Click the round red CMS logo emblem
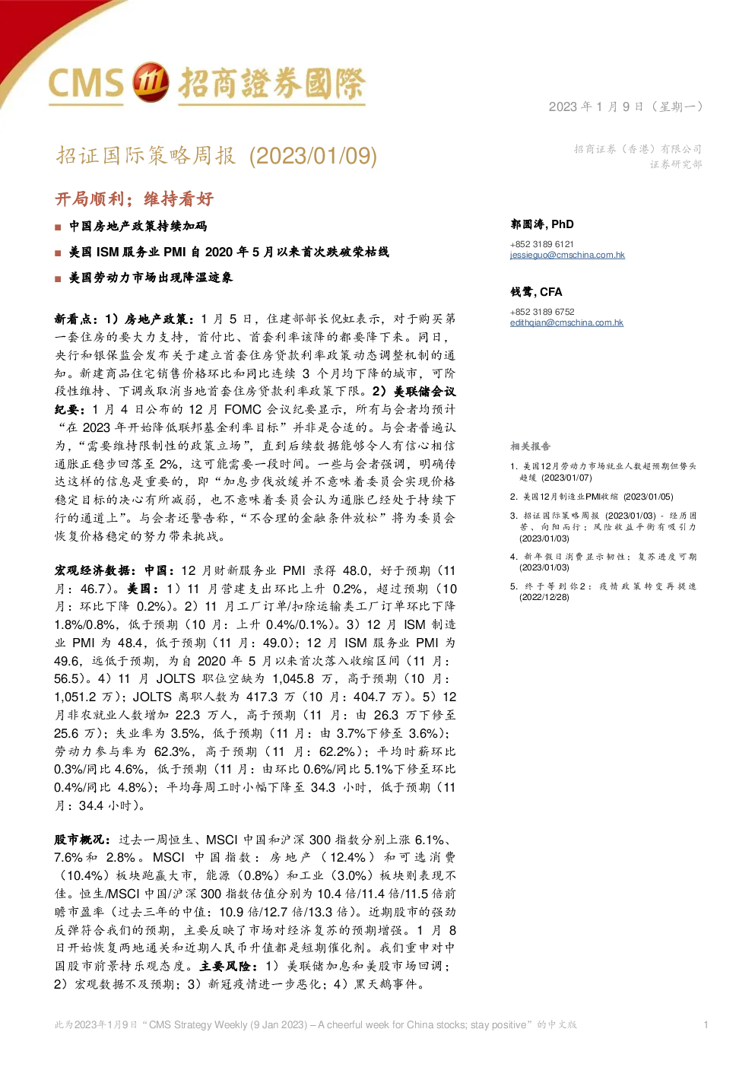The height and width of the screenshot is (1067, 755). (151, 82)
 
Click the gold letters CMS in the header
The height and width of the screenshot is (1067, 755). (86, 83)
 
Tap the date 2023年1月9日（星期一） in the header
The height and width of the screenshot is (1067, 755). (626, 106)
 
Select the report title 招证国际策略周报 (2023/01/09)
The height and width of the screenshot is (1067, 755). (217, 156)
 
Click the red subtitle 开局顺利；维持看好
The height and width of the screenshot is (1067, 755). (135, 198)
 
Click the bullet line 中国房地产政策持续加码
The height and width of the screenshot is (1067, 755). (138, 227)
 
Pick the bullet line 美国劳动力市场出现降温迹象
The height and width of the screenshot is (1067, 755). (151, 278)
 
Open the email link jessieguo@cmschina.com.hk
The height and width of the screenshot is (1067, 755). (567, 255)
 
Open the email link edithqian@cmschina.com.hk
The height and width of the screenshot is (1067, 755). (566, 322)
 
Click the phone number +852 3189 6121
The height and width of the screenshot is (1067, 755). (541, 244)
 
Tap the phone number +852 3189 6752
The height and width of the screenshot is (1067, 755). (542, 312)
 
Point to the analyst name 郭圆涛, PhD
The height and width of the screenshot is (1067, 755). (542, 224)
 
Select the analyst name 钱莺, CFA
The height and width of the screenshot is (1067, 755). (536, 291)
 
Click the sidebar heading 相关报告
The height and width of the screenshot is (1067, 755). (530, 446)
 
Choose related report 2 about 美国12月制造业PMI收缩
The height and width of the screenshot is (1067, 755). (592, 497)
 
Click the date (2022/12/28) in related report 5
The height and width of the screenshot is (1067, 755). (544, 597)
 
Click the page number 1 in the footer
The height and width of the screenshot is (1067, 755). (706, 1024)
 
